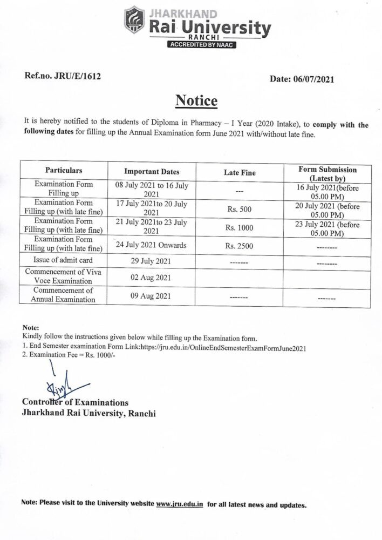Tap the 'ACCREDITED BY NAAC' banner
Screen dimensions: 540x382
[202, 45]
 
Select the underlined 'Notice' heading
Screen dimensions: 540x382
[196, 101]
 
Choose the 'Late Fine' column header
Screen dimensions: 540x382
[240, 173]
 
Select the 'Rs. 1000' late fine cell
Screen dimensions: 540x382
[240, 228]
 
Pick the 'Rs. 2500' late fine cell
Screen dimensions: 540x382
[240, 246]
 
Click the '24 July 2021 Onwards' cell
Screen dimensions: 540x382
[151, 246]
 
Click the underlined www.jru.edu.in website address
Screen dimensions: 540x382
[179, 504]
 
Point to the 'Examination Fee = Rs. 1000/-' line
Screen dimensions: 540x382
[69, 356]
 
